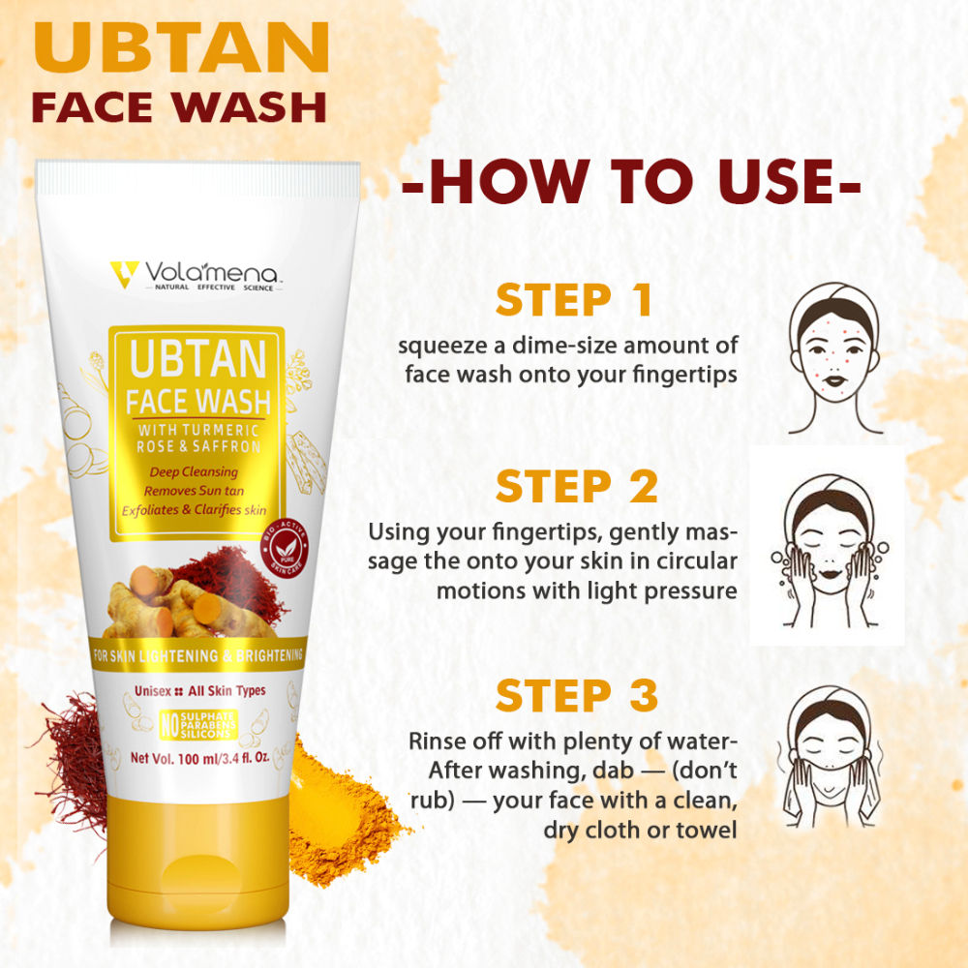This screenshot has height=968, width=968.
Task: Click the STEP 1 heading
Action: [575, 301]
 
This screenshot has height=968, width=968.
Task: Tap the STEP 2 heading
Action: [577, 487]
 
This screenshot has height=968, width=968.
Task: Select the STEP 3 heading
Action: [577, 695]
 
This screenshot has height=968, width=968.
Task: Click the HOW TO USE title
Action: [631, 182]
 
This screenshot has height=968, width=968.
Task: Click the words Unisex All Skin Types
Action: [195, 691]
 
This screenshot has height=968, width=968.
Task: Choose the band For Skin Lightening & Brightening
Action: [197, 656]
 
